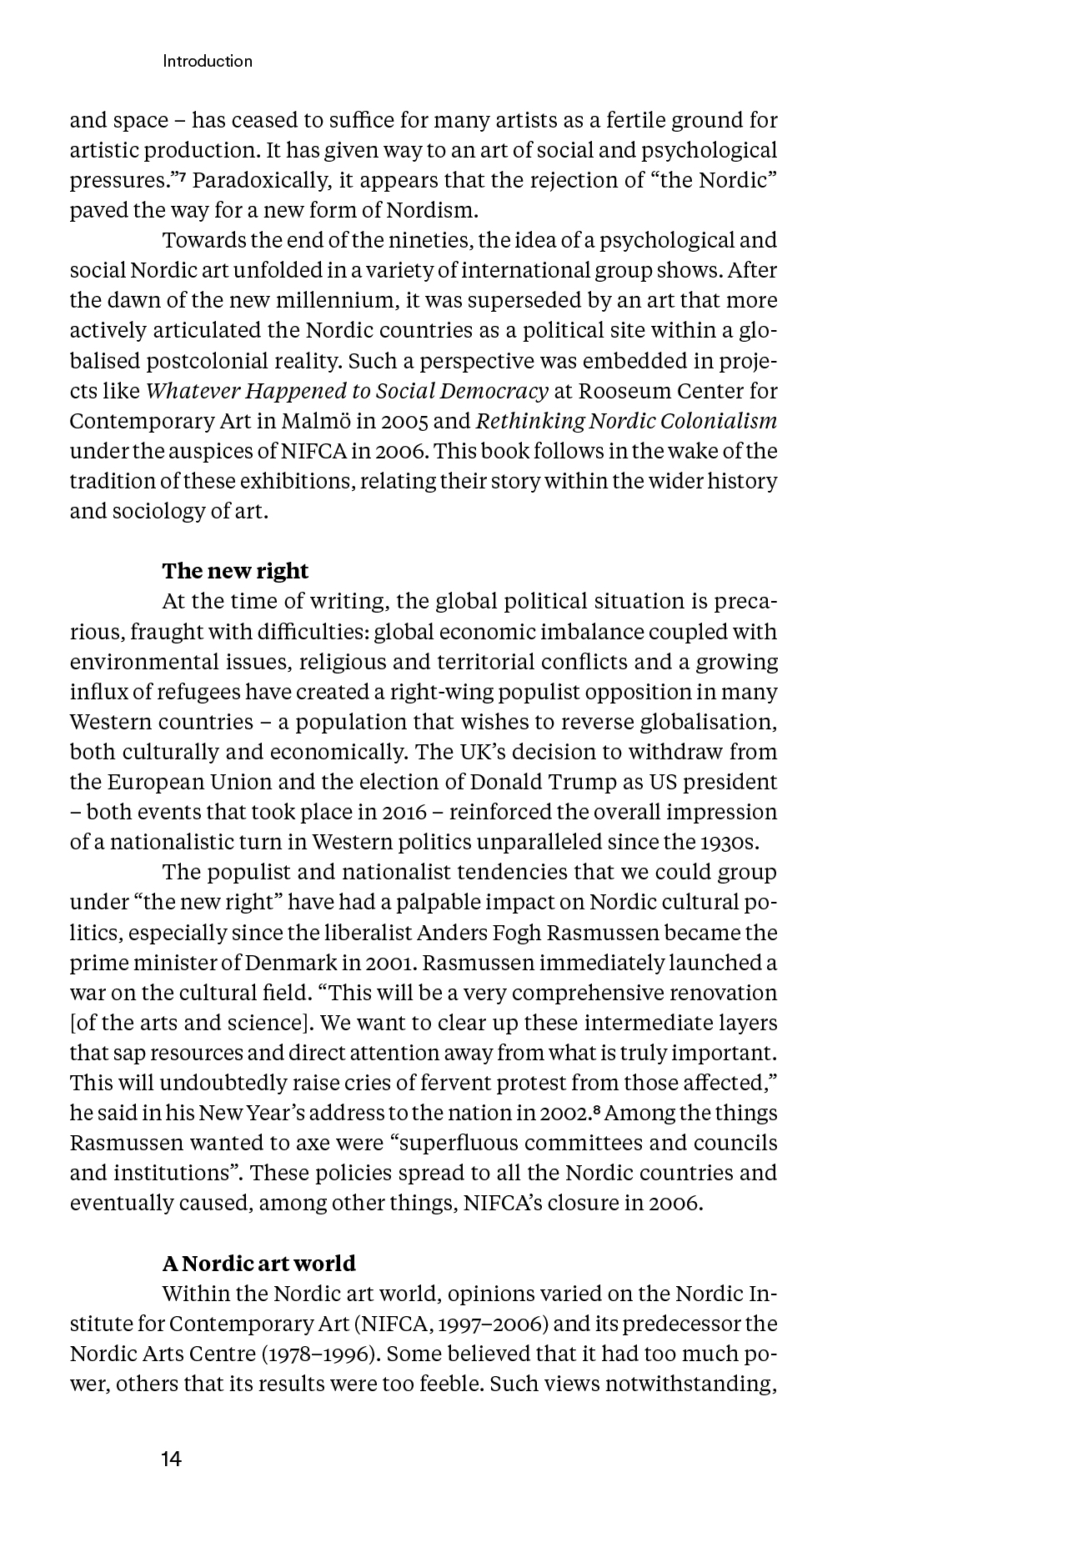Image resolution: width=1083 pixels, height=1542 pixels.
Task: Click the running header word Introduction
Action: coord(208,61)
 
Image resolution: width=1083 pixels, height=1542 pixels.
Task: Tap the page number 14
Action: coord(172,1459)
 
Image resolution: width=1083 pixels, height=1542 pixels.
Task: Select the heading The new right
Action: coord(235,571)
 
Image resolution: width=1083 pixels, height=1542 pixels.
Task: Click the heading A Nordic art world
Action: coord(258,1264)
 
